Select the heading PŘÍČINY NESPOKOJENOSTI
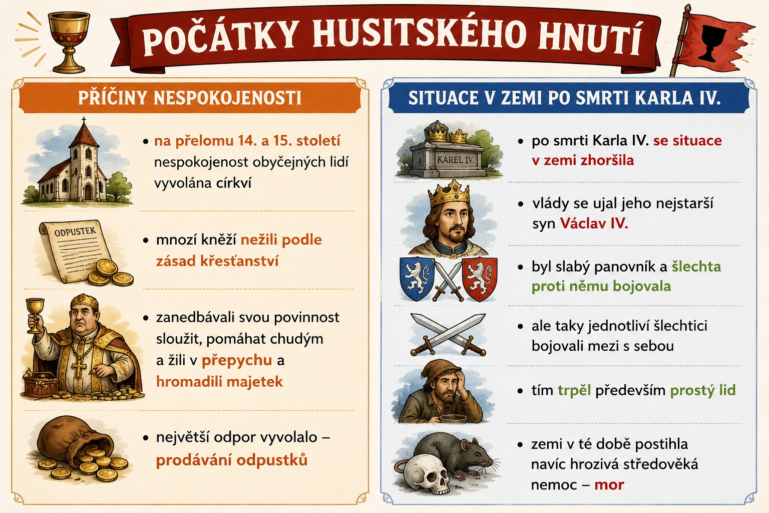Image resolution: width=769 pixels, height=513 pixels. coord(190,98)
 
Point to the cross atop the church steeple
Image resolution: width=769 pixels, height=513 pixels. coord(84,120)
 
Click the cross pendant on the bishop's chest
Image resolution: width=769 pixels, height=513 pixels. coord(79,368)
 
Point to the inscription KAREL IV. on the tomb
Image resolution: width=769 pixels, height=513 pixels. coord(455,160)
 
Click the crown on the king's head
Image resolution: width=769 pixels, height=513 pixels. coord(450,193)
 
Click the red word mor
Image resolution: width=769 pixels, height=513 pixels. coord(609,485)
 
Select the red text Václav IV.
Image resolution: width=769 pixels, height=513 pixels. coord(594,223)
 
